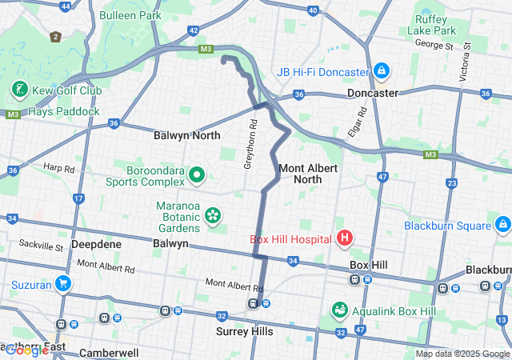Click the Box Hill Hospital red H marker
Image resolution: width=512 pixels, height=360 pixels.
click(345, 238)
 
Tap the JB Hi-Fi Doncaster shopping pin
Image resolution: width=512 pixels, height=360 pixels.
click(382, 72)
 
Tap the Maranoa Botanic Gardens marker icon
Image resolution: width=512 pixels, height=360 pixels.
click(212, 214)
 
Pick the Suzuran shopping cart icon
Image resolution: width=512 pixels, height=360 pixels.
click(62, 284)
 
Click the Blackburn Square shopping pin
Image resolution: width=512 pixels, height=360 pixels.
click(502, 225)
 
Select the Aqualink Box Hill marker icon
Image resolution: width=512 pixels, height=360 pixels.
click(340, 310)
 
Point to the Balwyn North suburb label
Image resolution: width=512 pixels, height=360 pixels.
click(186, 136)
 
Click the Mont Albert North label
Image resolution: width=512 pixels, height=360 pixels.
click(307, 174)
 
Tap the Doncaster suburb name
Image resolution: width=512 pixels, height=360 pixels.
click(373, 93)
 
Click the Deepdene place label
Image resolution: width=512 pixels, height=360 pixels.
click(97, 243)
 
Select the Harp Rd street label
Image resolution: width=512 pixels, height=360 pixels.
click(58, 169)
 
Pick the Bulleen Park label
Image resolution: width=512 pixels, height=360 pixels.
click(130, 15)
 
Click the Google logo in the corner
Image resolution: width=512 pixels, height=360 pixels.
click(26, 350)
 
